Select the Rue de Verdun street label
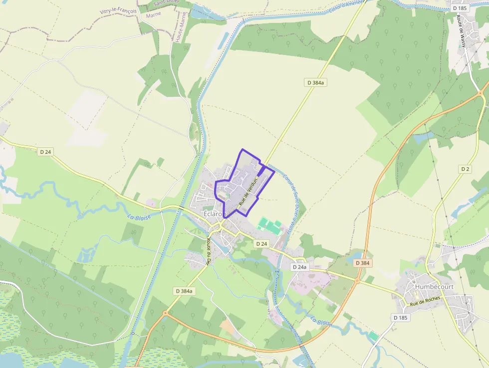(x=247, y=192)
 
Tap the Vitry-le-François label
(x=118, y=11)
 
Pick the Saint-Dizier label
(x=165, y=3)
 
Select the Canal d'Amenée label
(x=348, y=6)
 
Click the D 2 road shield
(x=465, y=169)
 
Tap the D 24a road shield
(x=299, y=267)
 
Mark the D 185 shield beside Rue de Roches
(x=401, y=318)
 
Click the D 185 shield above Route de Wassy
(x=460, y=8)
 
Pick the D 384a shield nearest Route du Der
(x=184, y=291)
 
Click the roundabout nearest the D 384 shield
(x=357, y=281)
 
